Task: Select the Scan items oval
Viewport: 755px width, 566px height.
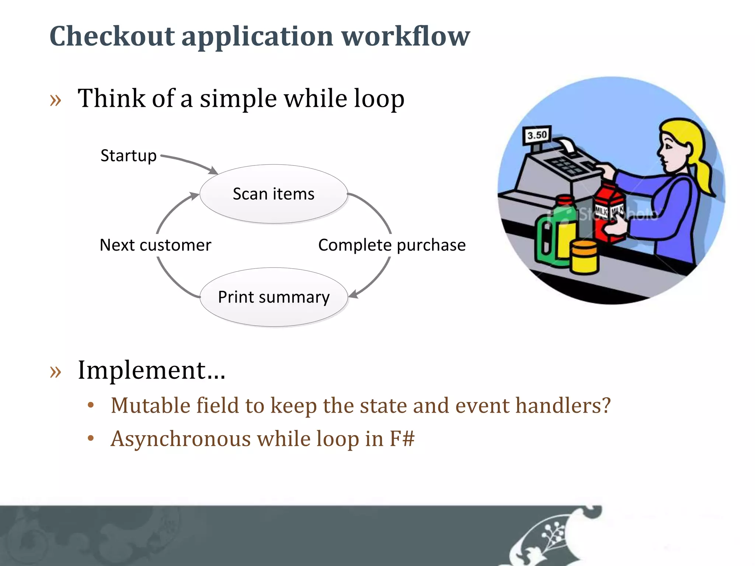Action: click(x=274, y=194)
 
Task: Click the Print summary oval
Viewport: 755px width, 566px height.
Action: click(x=274, y=297)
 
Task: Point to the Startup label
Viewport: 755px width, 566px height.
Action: click(x=128, y=156)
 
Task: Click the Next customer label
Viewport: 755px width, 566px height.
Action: click(x=155, y=245)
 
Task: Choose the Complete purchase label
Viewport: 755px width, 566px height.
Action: click(x=392, y=245)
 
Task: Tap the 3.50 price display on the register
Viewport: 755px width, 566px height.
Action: click(x=537, y=135)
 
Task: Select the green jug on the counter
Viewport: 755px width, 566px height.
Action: click(x=549, y=240)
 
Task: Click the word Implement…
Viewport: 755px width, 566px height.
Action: click(x=151, y=370)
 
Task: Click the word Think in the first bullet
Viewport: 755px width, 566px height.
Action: click(x=111, y=98)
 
